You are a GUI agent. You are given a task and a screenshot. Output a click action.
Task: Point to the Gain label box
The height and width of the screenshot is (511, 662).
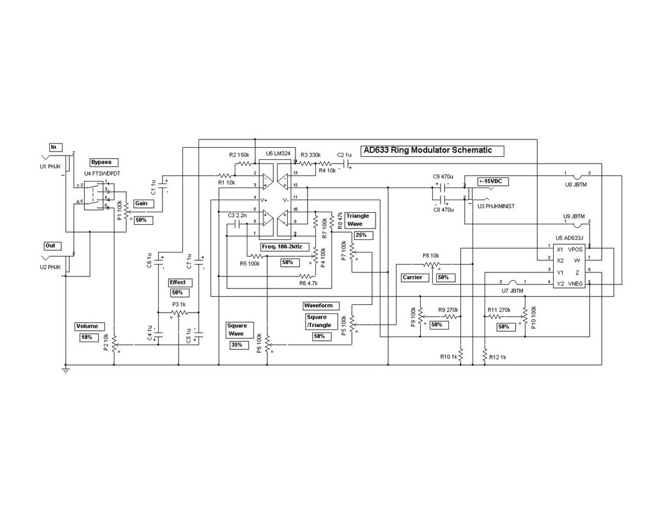pos(143,204)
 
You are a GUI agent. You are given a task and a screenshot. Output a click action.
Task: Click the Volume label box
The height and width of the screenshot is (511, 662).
pos(87,326)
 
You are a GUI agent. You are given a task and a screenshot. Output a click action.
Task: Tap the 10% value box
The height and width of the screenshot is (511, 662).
pos(87,338)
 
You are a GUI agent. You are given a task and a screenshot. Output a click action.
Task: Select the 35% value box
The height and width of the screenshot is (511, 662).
pos(237,346)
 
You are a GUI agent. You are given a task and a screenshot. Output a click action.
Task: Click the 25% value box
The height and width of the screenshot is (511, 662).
pos(362,235)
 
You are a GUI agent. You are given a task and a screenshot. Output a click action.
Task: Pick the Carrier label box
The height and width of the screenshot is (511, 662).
pos(415,277)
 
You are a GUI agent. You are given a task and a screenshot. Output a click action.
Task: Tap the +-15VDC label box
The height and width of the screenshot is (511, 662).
pos(492,181)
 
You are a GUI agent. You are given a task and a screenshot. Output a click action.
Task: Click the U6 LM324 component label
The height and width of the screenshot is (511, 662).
pos(278,154)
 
